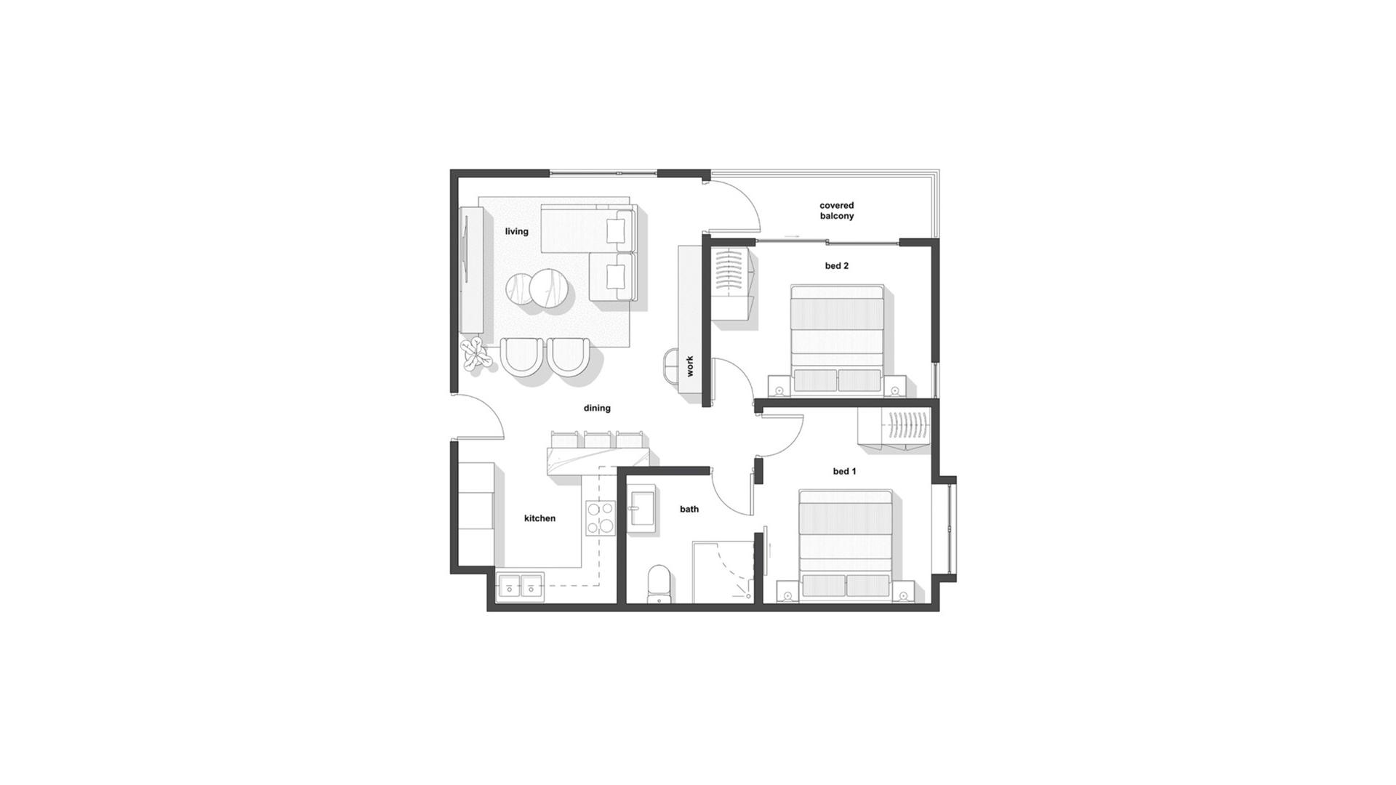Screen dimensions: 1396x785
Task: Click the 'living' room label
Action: tap(517, 232)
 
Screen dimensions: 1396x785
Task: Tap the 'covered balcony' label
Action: tap(837, 211)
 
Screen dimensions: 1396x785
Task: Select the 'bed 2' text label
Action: tap(837, 266)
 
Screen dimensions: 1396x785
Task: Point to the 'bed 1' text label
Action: tap(844, 472)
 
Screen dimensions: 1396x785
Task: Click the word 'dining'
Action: tap(597, 408)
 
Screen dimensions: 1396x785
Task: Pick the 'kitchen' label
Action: tap(539, 518)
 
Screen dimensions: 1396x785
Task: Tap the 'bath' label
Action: tap(689, 509)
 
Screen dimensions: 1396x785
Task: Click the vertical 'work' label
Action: tap(690, 366)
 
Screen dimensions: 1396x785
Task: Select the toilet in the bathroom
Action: tap(659, 584)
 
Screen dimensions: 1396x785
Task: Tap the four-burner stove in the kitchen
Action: tap(601, 518)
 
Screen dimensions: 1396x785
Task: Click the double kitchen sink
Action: tap(521, 586)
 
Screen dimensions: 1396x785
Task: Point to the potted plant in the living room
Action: tap(476, 355)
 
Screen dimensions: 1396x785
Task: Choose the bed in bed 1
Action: tap(846, 545)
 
